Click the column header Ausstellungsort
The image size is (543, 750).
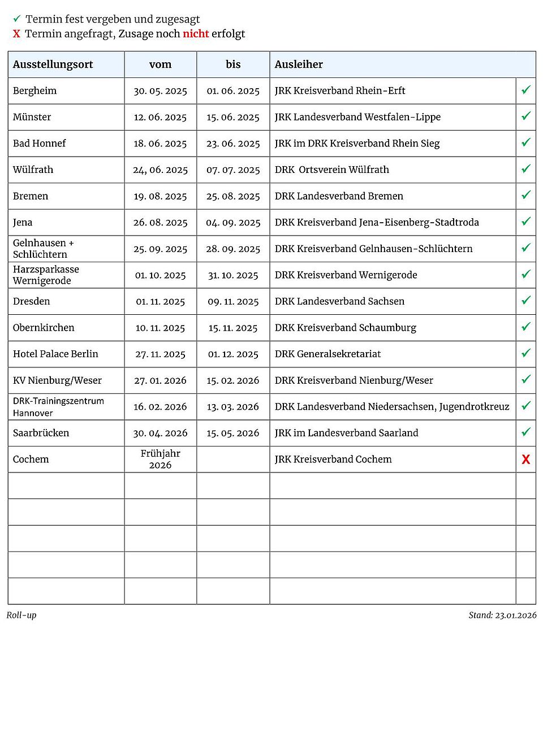(x=53, y=64)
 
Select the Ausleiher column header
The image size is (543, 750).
(x=299, y=64)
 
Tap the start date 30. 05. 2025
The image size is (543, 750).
(x=160, y=91)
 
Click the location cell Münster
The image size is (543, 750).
(x=32, y=117)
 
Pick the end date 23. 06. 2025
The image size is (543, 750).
(x=233, y=144)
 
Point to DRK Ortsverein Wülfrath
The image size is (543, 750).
(x=332, y=170)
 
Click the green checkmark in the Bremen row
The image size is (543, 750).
(x=526, y=195)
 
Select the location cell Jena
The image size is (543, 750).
(x=23, y=222)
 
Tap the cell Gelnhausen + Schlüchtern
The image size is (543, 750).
(x=44, y=249)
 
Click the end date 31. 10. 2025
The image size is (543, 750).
(x=233, y=275)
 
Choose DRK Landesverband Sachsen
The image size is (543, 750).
(x=339, y=301)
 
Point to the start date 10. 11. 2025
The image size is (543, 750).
(x=160, y=328)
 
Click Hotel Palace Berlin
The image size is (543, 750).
(x=55, y=354)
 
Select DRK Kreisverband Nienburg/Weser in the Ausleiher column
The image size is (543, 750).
(x=354, y=380)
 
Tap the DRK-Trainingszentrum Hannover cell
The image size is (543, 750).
(x=58, y=407)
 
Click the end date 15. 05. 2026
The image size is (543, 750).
(x=233, y=433)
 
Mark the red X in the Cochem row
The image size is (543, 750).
(x=526, y=459)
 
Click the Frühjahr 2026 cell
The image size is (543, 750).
(x=160, y=459)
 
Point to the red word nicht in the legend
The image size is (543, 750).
(x=196, y=34)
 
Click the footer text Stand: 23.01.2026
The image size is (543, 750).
(x=502, y=615)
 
